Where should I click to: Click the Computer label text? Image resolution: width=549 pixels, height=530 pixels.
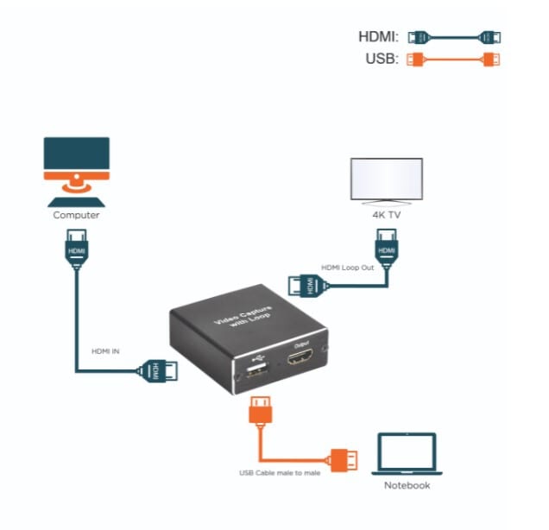pos(76,215)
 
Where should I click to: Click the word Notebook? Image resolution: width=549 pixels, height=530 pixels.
pos(407,485)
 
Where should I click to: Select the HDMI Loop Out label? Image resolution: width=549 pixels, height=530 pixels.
pos(346,268)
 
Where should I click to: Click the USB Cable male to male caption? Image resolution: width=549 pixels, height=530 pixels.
pos(279,473)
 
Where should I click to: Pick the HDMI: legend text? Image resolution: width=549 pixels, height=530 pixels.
pos(378,37)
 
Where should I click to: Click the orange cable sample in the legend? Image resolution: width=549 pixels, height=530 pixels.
pos(454,60)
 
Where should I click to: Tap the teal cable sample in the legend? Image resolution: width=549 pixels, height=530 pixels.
pos(454,37)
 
